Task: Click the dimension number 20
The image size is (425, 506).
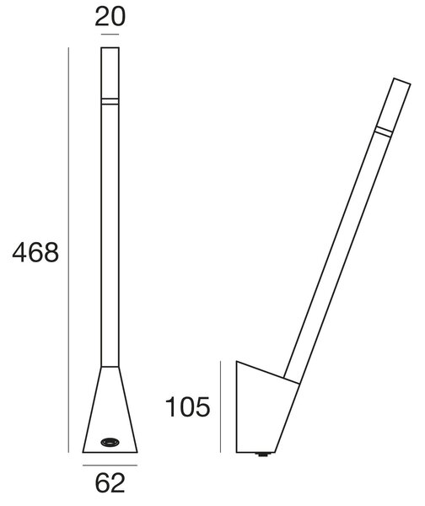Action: click(x=110, y=17)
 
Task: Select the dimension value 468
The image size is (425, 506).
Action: click(x=35, y=252)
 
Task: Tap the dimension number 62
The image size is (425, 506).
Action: click(x=110, y=482)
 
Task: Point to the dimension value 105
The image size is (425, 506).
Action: click(x=187, y=407)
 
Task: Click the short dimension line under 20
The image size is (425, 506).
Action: click(x=110, y=35)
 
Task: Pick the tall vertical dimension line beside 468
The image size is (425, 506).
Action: click(x=68, y=250)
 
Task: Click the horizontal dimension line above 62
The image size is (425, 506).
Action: click(x=110, y=466)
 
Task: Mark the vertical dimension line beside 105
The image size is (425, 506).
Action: click(x=220, y=406)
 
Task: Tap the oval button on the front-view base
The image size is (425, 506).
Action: click(x=110, y=442)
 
